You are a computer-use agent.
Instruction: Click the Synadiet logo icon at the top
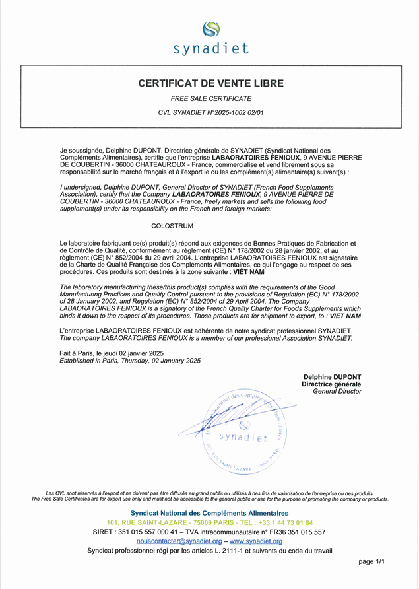tap(210, 30)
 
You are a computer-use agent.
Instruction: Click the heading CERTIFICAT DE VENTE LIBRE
tap(211, 83)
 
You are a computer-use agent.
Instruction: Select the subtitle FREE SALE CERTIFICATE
tap(210, 98)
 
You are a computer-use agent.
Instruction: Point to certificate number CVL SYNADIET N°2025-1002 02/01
tap(210, 113)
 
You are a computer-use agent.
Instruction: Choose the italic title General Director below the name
tap(337, 392)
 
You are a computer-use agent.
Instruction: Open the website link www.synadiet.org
tap(256, 541)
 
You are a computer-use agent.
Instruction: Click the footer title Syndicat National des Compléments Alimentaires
tap(209, 513)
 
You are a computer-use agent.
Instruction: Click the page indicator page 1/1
tap(371, 561)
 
